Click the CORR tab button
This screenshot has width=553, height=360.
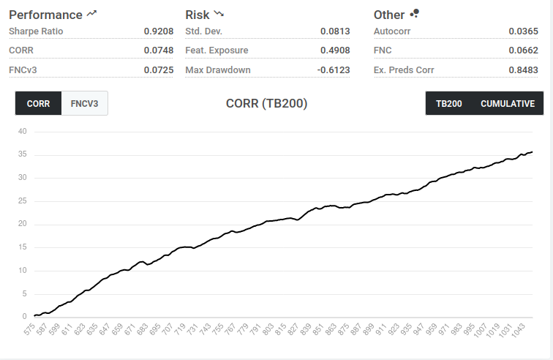point(38,103)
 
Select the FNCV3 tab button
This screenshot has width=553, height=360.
point(85,103)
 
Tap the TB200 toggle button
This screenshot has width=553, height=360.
point(449,103)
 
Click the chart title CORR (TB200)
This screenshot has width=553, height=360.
point(266,103)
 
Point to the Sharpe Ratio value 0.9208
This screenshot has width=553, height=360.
point(159,31)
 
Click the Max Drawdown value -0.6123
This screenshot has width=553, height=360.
point(334,70)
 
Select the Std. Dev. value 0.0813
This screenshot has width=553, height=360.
point(335,31)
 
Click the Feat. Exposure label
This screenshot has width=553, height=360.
point(217,50)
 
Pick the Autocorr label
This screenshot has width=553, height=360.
point(392,31)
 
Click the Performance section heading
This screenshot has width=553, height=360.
point(45,15)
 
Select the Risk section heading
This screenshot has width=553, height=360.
point(197,15)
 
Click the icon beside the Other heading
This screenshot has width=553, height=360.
point(415,13)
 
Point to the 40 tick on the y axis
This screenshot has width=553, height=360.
point(22,132)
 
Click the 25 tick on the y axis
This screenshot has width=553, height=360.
point(22,201)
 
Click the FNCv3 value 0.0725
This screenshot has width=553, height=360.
point(159,70)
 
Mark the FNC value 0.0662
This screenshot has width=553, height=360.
point(524,50)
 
